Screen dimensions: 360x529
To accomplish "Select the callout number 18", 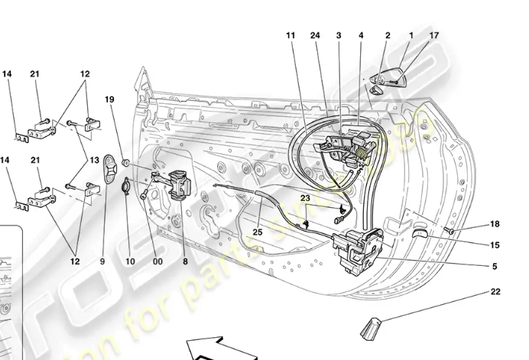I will pyautogui.click(x=495, y=224).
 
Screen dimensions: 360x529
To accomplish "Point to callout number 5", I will pyautogui.click(x=495, y=266).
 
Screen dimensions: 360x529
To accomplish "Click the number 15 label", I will pyautogui.click(x=495, y=245).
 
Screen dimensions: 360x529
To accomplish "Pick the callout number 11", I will pyautogui.click(x=290, y=35).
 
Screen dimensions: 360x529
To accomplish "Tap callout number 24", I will pyautogui.click(x=314, y=35).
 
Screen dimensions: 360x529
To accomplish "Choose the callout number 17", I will pyautogui.click(x=434, y=35).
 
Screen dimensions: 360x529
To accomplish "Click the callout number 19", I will pyautogui.click(x=109, y=99).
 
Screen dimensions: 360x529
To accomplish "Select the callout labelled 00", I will pyautogui.click(x=157, y=261).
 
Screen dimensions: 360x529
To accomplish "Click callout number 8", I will pyautogui.click(x=184, y=261).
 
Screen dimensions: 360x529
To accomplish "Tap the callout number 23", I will pyautogui.click(x=305, y=197).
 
